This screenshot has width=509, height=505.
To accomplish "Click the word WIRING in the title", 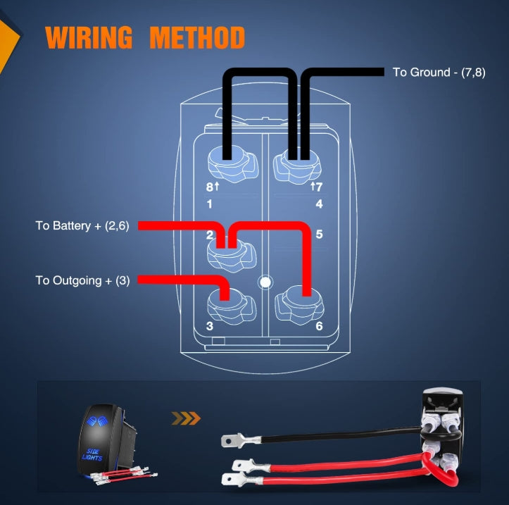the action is pyautogui.click(x=89, y=37).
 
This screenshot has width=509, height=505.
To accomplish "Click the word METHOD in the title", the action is pyautogui.click(x=197, y=37).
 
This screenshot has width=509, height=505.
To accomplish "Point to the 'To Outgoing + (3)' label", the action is pyautogui.click(x=82, y=280).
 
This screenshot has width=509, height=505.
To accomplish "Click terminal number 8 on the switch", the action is pyautogui.click(x=210, y=187).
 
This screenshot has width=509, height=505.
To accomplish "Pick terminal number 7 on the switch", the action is pyautogui.click(x=319, y=187).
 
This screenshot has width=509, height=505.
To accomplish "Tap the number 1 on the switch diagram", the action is pyautogui.click(x=209, y=204).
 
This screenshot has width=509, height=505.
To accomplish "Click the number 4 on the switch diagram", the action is pyautogui.click(x=319, y=204).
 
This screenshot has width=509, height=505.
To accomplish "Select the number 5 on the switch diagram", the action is pyautogui.click(x=319, y=234).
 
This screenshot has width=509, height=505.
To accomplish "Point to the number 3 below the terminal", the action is pyautogui.click(x=210, y=325).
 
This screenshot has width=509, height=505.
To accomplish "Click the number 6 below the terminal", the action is pyautogui.click(x=319, y=325).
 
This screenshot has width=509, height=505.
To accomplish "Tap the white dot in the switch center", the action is pyautogui.click(x=265, y=282).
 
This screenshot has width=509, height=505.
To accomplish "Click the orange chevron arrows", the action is pyautogui.click(x=186, y=418).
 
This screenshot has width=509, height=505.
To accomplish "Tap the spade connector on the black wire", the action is pyautogui.click(x=241, y=440).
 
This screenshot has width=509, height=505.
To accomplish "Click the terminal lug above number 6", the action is pyautogui.click(x=299, y=305).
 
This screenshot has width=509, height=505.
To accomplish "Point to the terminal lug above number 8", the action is pyautogui.click(x=233, y=165).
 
